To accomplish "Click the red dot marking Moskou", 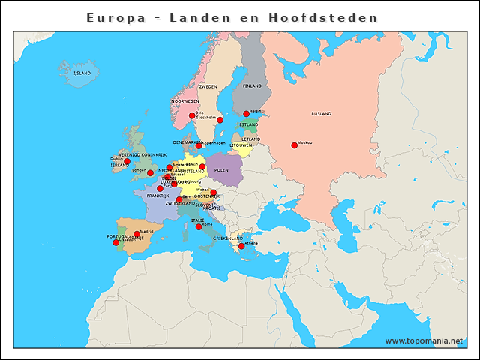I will [x=294, y=145].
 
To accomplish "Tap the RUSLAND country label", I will [x=321, y=114].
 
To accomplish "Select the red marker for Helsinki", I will [x=246, y=114].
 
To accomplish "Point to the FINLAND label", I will [x=253, y=86].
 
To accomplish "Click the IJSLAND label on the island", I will [x=82, y=73].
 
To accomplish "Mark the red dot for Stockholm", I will [x=220, y=120].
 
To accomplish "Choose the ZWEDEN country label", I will [x=208, y=87].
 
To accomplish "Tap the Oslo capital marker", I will [x=192, y=115].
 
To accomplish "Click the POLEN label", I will [x=221, y=170].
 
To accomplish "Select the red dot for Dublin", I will [x=127, y=161].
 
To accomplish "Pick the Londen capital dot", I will [x=150, y=172].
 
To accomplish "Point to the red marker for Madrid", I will [x=136, y=234].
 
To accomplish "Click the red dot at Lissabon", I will [x=115, y=242].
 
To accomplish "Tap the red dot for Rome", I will [x=199, y=226].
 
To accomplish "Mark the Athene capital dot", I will [x=241, y=246].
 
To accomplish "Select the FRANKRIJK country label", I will [x=158, y=196].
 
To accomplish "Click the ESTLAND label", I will [x=249, y=124].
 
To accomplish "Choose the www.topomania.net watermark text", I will [x=424, y=340].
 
